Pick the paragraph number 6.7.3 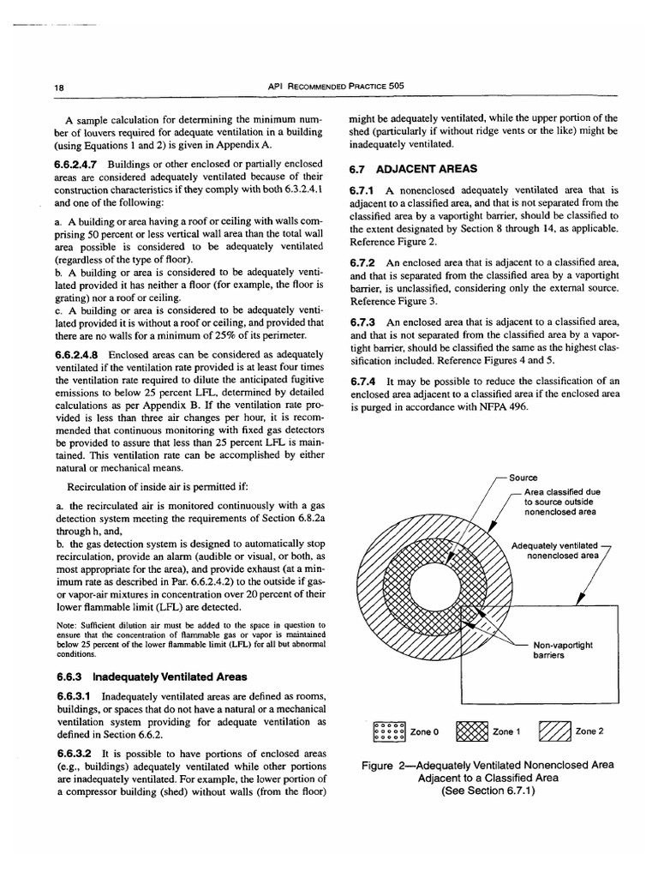(364, 322)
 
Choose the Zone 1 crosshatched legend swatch (472, 732)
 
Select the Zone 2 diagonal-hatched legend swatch (553, 732)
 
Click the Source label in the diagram (522, 478)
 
